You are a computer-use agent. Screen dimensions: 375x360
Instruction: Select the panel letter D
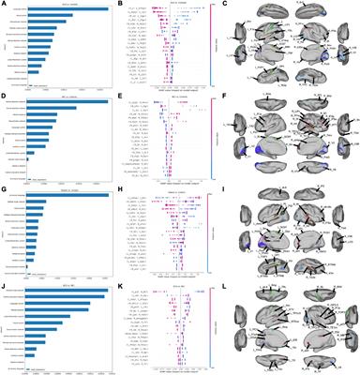coord(4,98)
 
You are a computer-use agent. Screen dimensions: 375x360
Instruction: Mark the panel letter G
coord(4,190)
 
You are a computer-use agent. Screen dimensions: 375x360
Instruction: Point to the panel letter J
coord(4,282)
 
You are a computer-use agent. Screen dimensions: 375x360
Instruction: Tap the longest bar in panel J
coord(66,291)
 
